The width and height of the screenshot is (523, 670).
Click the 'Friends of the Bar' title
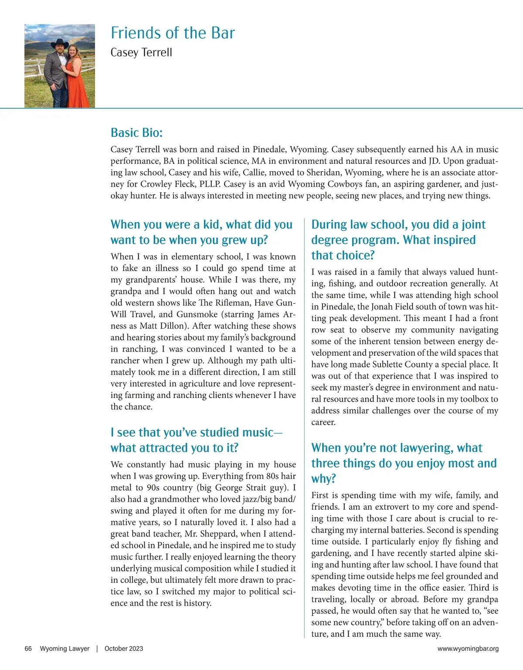point(173,33)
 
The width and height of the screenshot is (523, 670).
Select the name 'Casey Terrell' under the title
point(141,53)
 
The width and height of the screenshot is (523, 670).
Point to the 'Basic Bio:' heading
point(136,133)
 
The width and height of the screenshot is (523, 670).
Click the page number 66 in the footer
point(28,649)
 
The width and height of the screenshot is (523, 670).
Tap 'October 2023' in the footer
point(124,649)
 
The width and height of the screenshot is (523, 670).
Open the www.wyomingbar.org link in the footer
point(468,649)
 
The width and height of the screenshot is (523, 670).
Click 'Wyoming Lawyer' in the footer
point(65,649)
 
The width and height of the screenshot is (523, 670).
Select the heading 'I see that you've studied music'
point(196,433)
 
